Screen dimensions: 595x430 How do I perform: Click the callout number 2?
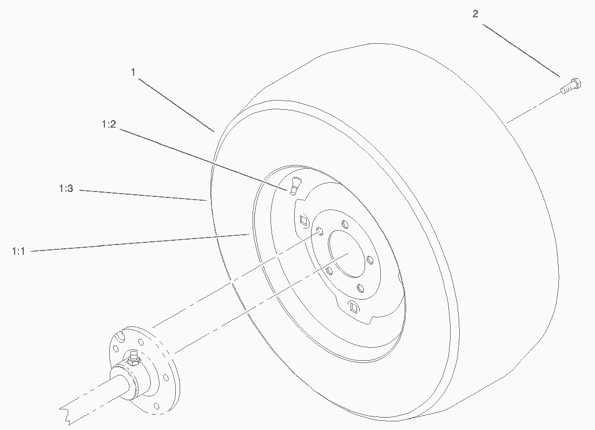[475, 14]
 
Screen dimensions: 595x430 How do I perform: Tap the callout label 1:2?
[109, 124]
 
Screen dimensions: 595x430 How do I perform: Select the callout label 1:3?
[66, 188]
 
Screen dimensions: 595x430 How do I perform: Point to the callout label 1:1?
[18, 252]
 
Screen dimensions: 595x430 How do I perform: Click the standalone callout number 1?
[133, 72]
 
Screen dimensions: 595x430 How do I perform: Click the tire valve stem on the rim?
[294, 186]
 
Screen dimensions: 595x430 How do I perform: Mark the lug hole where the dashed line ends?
[320, 231]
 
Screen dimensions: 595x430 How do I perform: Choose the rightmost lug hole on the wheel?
[370, 260]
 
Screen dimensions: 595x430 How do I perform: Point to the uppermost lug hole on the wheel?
[345, 224]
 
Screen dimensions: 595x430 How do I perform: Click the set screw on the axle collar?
[133, 358]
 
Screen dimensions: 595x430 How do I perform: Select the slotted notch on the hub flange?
[120, 336]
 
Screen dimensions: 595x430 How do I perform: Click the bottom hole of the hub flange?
[156, 406]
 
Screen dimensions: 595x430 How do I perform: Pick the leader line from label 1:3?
[143, 195]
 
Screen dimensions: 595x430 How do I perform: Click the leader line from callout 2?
[521, 50]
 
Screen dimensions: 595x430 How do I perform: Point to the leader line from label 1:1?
[140, 243]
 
